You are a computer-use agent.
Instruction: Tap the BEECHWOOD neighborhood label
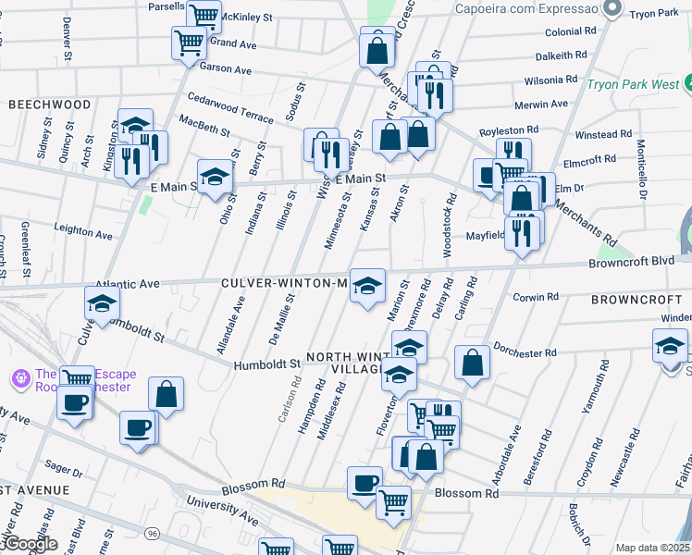pos(50,105)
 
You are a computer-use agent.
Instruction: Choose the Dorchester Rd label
pos(524,352)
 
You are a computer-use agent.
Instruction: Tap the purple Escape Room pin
pos(20,378)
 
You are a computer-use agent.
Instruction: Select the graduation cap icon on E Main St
pos(215,176)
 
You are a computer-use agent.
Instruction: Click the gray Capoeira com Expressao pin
pos(611,9)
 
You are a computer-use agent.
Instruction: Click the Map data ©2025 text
pos(652,548)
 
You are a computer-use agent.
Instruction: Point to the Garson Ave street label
pos(226,69)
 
